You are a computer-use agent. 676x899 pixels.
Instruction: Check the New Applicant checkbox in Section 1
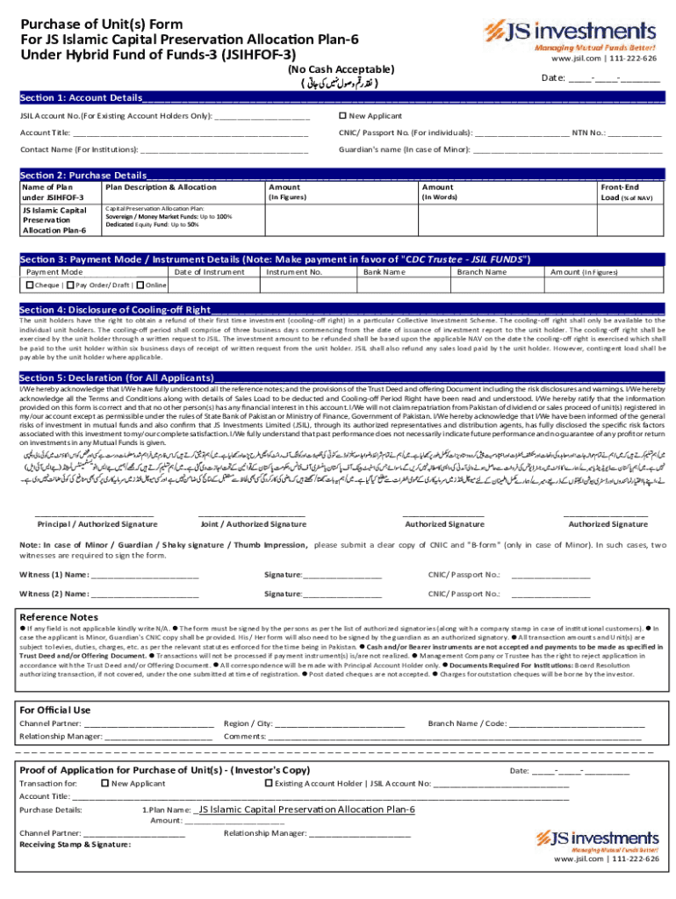coord(343,116)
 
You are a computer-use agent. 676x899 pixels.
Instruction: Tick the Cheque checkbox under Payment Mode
coord(30,285)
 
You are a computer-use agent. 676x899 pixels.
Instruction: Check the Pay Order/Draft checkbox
coord(69,285)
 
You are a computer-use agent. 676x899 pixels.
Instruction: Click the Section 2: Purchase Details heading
coord(83,175)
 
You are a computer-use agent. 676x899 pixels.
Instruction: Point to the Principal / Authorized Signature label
coord(97,524)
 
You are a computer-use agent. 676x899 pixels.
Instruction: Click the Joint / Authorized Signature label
coord(253,524)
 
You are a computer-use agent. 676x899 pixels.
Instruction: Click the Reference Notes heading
coord(59,617)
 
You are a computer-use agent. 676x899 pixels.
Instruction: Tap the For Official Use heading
coord(54,709)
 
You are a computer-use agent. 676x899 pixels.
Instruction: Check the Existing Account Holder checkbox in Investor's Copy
coord(269,783)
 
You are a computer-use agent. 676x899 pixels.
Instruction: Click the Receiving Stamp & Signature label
coord(75,845)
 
